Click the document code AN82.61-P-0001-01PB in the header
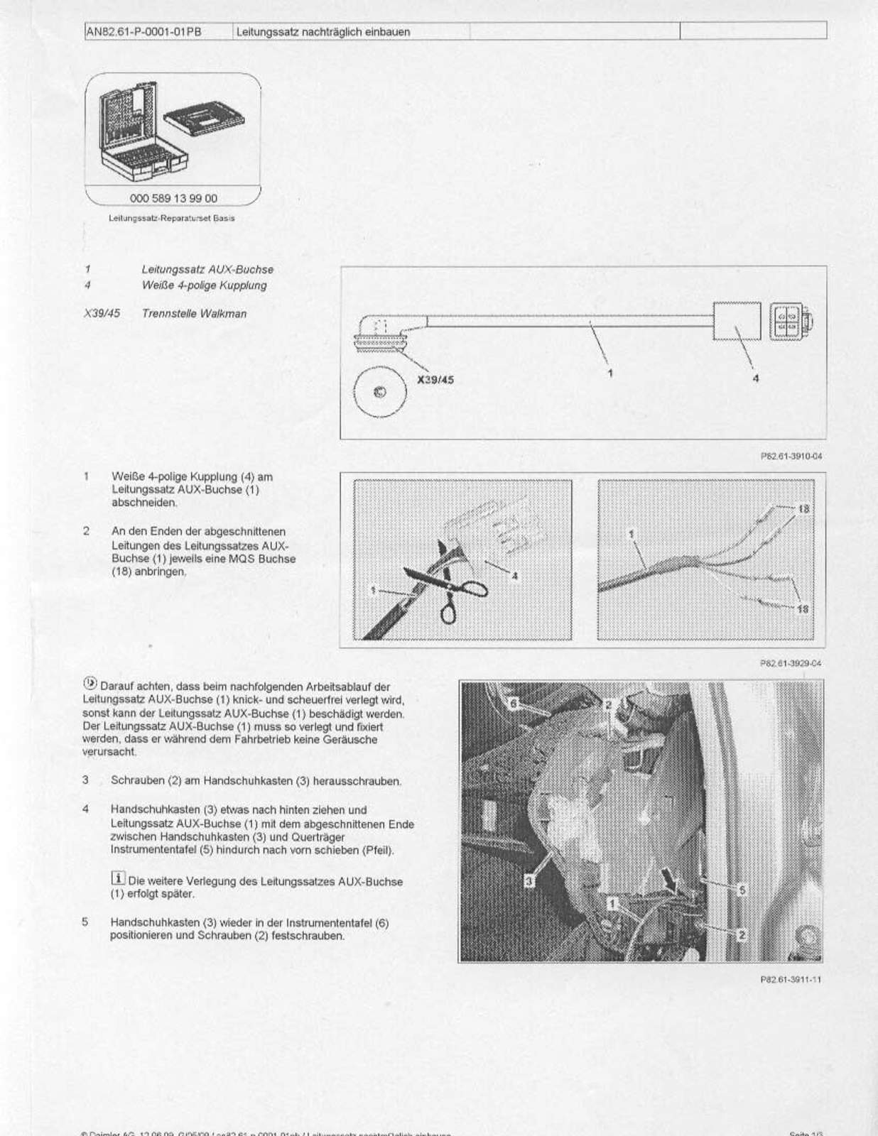click(x=143, y=32)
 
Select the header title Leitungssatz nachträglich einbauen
click(x=323, y=32)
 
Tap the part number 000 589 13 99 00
click(x=173, y=199)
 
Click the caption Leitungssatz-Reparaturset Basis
click(x=171, y=218)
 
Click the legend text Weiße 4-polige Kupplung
click(x=204, y=285)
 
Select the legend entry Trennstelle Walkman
click(x=194, y=313)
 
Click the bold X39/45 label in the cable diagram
click(x=435, y=380)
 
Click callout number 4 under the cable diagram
click(x=755, y=378)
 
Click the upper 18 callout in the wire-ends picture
click(x=803, y=509)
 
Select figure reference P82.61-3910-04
click(x=791, y=457)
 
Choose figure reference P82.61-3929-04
click(x=791, y=663)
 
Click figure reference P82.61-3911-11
click(x=791, y=980)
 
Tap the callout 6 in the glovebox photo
click(x=514, y=703)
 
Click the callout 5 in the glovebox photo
click(x=742, y=890)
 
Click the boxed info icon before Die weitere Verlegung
click(x=118, y=879)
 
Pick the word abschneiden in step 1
click(x=144, y=503)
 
